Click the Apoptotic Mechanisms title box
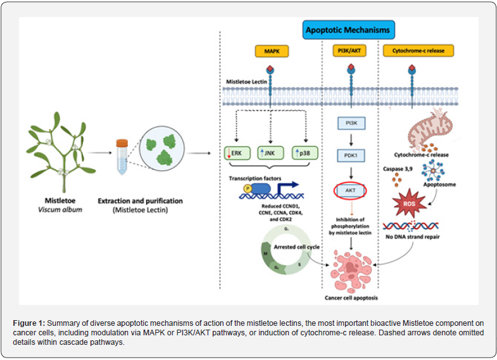pos(348,30)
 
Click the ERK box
pos(237,153)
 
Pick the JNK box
pos(272,153)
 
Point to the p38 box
pos(306,153)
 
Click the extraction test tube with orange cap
pos(121,154)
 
